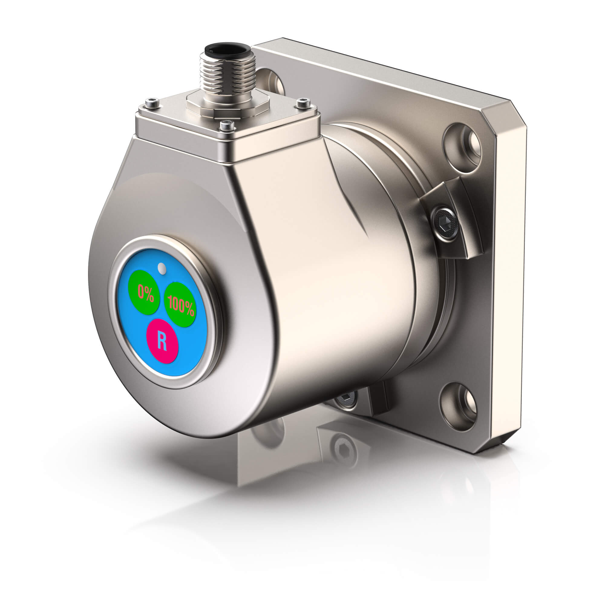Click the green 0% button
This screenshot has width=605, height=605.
click(x=144, y=293)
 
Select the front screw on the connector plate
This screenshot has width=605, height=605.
click(x=228, y=126)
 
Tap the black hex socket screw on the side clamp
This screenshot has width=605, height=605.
click(x=445, y=223)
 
